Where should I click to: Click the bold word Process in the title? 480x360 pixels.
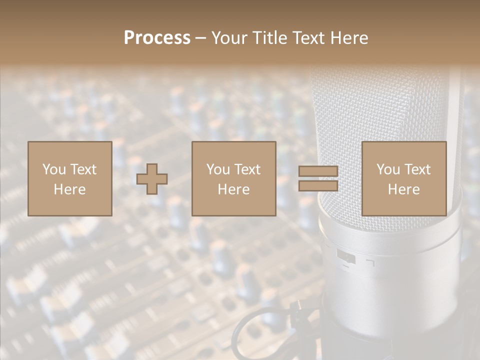tap(157, 38)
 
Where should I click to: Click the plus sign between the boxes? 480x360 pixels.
tap(152, 179)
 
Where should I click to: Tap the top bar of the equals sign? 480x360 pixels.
tap(318, 171)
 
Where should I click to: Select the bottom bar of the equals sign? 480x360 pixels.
tap(318, 185)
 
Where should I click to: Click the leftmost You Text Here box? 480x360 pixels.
tap(69, 178)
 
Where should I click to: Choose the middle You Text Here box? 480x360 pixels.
tap(233, 178)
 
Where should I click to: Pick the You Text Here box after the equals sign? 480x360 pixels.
tap(403, 178)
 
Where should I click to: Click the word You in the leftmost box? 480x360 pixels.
tap(54, 169)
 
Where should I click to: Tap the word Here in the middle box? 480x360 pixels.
tap(233, 189)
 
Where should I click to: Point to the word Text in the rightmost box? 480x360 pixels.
tap(416, 169)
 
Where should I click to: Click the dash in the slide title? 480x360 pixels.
tap(201, 38)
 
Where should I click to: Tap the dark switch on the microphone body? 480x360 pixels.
tap(346, 258)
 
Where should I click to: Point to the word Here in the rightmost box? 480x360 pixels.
tap(403, 189)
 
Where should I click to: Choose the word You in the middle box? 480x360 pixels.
tap(218, 169)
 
